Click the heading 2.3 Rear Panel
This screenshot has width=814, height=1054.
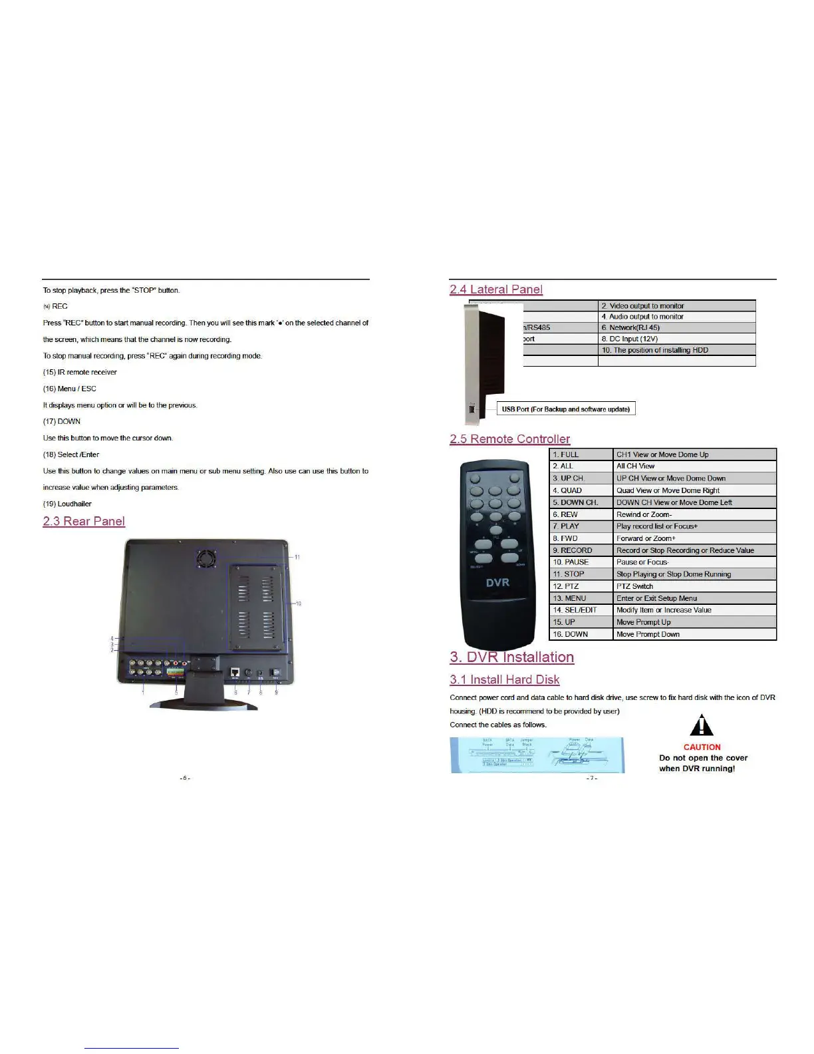click(x=84, y=521)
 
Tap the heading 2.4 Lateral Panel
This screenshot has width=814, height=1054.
click(x=496, y=289)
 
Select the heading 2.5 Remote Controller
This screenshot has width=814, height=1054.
click(x=509, y=439)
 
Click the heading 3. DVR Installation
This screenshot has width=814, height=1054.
click(x=511, y=657)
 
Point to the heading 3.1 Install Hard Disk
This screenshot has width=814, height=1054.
click(x=504, y=679)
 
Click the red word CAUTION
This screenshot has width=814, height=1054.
click(x=702, y=747)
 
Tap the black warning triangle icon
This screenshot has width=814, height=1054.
click(x=702, y=726)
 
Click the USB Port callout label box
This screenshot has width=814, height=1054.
click(x=566, y=409)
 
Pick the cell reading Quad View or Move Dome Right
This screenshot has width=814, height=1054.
click(x=668, y=490)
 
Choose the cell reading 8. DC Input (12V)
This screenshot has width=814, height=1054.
click(x=629, y=339)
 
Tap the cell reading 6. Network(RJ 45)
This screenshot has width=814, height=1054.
click(x=630, y=327)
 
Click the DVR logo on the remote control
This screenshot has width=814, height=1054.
click(x=497, y=582)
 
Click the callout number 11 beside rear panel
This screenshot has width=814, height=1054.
click(x=297, y=557)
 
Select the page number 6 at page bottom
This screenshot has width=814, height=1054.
click(x=185, y=778)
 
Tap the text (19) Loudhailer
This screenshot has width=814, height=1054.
click(x=67, y=504)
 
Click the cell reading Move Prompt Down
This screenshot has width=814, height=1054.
click(x=648, y=634)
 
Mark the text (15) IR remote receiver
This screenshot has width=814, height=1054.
click(x=80, y=372)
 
